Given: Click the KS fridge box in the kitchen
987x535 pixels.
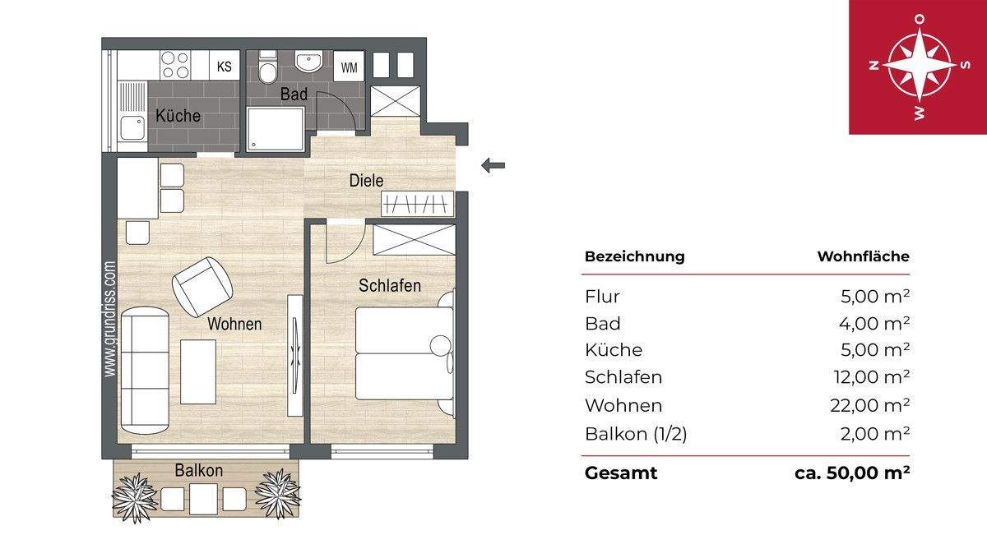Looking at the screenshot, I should (223, 65).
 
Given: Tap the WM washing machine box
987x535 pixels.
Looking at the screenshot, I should (349, 67).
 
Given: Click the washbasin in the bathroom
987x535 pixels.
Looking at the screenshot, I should (309, 62).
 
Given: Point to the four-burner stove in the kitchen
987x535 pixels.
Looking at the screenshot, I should (175, 64).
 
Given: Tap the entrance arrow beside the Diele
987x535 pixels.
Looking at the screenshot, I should (493, 166).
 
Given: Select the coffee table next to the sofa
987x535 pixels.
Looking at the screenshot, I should (198, 371).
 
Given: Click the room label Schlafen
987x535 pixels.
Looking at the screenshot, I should (390, 286).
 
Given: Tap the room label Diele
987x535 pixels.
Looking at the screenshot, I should (366, 180).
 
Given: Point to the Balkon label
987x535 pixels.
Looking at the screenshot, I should (198, 471).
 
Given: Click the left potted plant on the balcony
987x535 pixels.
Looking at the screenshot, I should (134, 496).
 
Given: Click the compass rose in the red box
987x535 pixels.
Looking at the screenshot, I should (919, 66).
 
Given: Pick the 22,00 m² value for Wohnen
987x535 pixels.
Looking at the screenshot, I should (871, 405).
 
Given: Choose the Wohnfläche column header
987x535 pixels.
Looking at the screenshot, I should (863, 256).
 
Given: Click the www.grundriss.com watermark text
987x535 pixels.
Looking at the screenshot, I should (109, 319).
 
